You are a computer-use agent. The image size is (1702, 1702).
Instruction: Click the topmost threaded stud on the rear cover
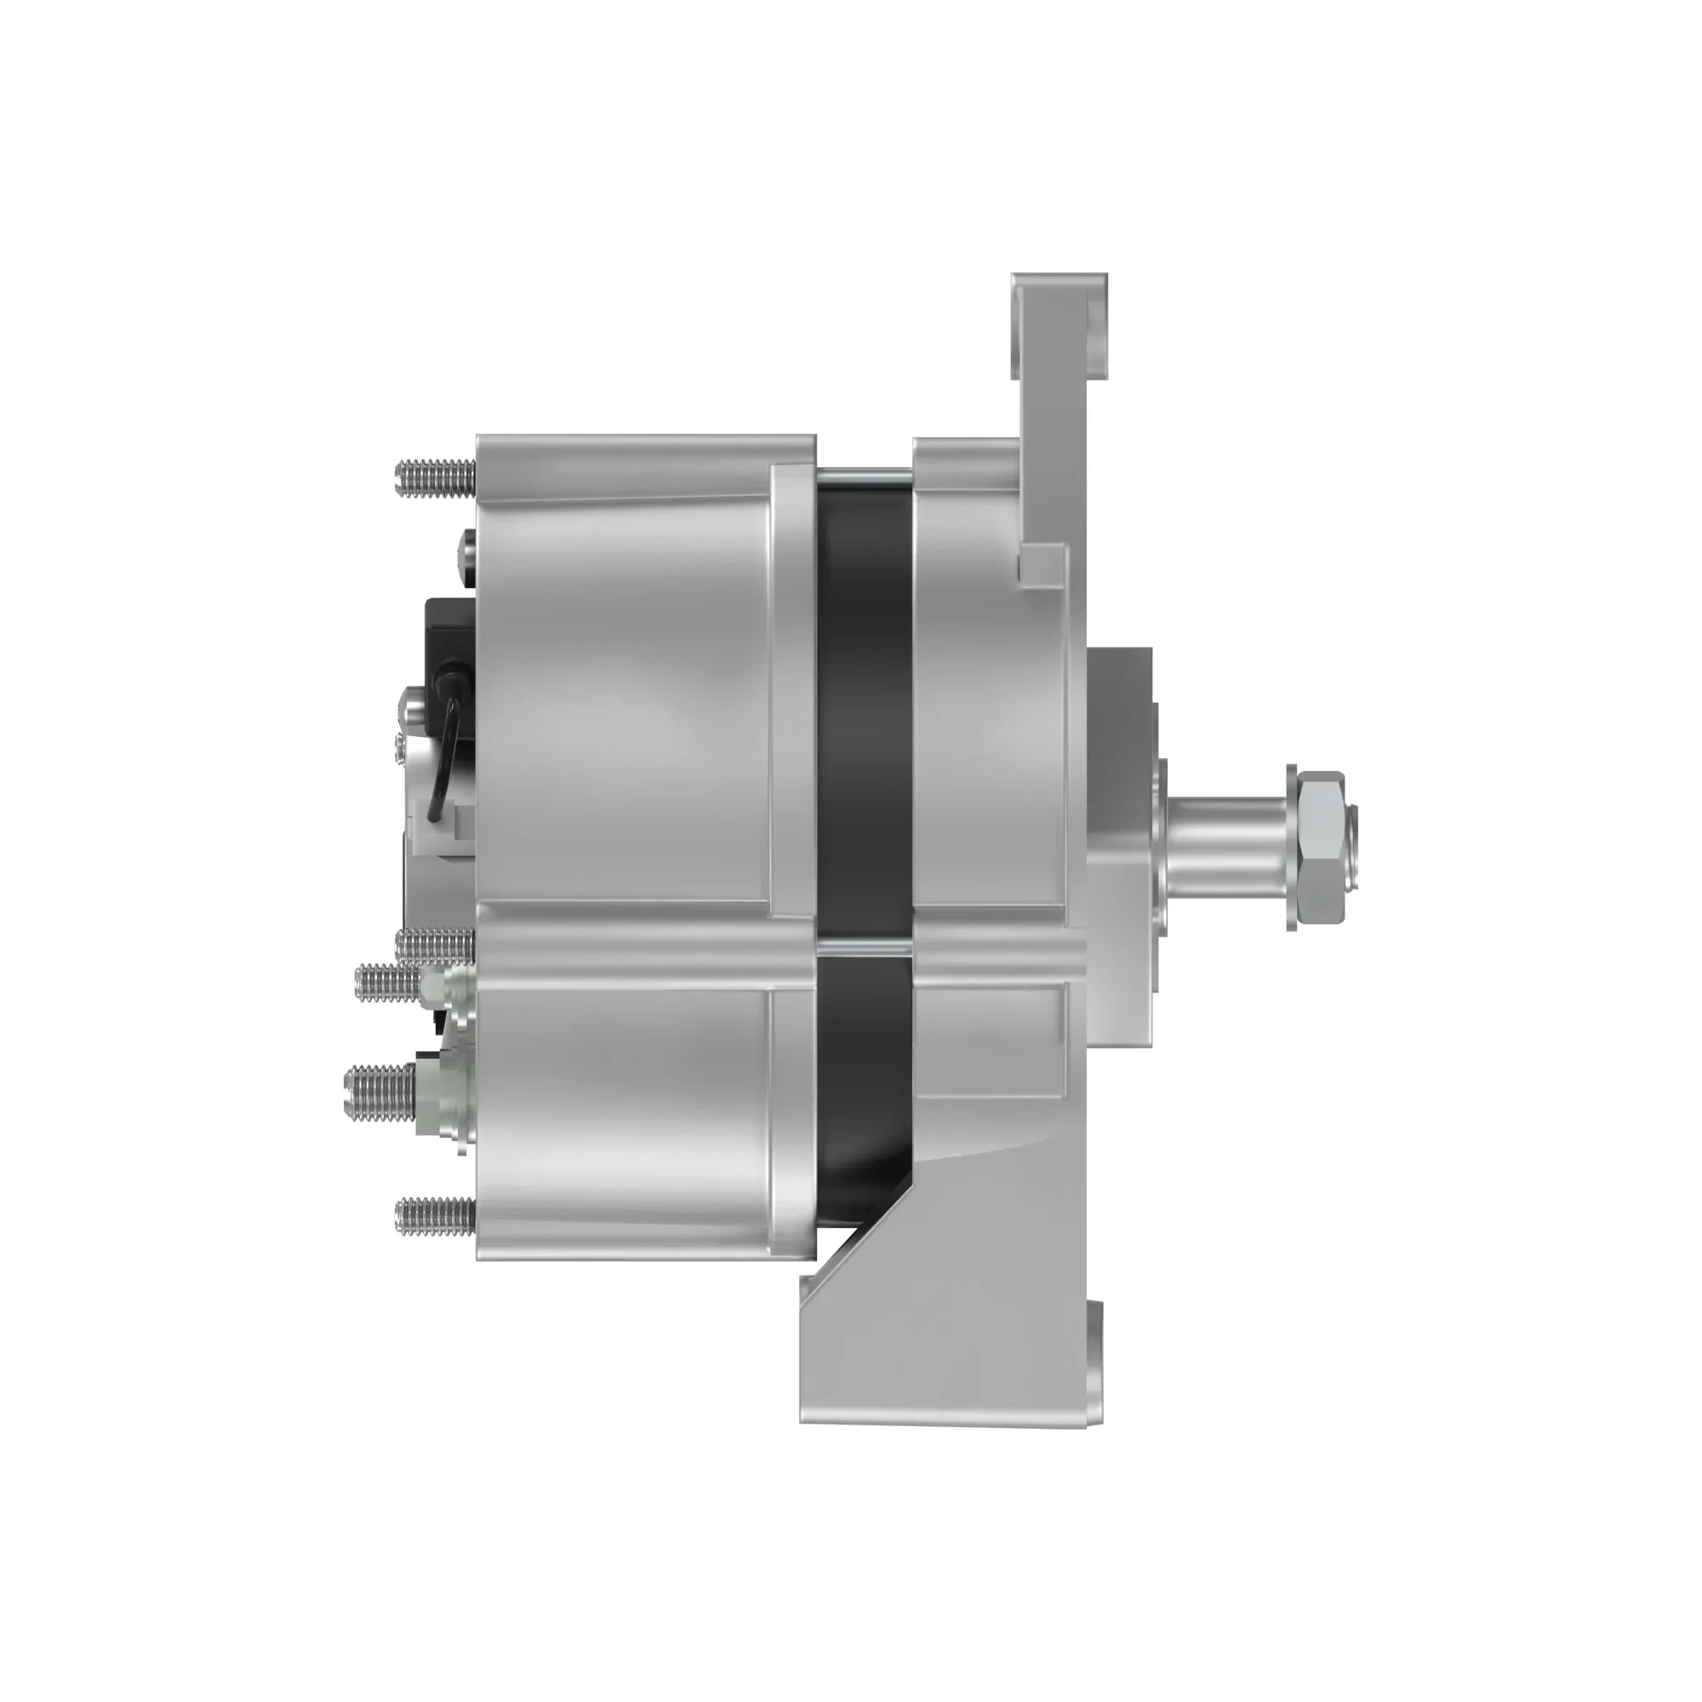(435, 478)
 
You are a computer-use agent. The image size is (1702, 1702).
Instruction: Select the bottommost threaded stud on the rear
(435, 1217)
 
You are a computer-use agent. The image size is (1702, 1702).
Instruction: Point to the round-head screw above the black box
(467, 550)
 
